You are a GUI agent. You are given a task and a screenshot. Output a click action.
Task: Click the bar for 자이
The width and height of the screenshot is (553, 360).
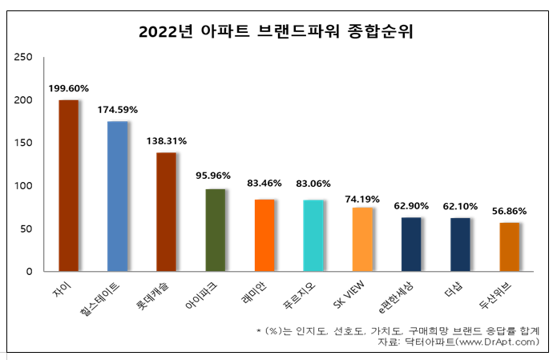click(69, 186)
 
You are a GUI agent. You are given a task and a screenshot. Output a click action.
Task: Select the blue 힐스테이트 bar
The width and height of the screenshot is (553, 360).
click(118, 196)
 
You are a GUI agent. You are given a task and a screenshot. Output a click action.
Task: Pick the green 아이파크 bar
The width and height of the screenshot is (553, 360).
click(216, 230)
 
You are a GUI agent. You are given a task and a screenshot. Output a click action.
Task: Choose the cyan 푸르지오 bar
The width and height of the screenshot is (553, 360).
click(313, 236)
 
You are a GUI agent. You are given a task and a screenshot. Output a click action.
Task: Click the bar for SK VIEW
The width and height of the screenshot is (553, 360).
click(362, 239)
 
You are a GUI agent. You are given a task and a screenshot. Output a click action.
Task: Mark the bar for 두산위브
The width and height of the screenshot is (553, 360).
click(510, 247)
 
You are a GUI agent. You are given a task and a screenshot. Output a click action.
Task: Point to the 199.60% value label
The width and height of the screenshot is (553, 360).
click(69, 88)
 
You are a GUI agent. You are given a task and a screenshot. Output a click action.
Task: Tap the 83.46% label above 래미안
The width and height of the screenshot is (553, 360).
click(264, 184)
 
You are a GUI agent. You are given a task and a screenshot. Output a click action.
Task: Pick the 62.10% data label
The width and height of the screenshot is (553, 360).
click(461, 206)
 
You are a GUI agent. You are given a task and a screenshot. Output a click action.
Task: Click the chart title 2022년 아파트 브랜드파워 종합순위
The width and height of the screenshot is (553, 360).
click(276, 32)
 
